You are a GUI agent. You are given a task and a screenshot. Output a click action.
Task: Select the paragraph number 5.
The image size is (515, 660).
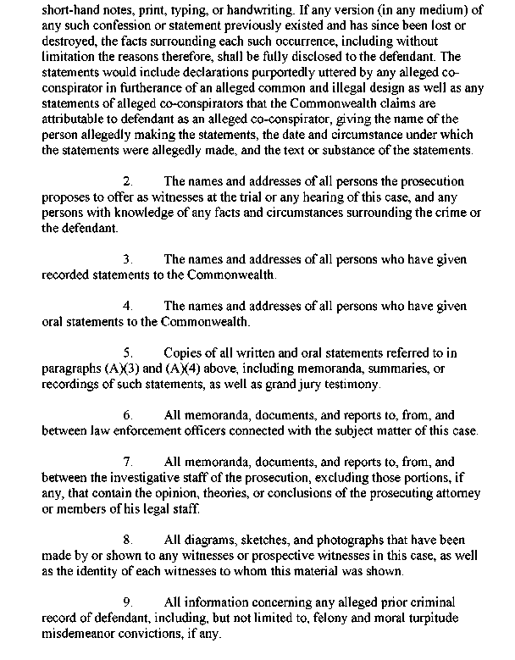[x=127, y=352]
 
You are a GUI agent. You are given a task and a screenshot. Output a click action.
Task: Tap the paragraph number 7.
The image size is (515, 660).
[x=127, y=462]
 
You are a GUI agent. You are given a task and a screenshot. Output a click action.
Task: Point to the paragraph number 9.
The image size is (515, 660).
[x=127, y=602]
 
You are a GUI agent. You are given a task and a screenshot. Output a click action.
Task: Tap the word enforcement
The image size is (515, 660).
[x=130, y=430]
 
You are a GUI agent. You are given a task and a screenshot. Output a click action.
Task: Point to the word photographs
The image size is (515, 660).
[x=345, y=540]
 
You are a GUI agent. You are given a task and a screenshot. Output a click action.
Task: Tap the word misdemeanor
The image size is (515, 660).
[x=83, y=633]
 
